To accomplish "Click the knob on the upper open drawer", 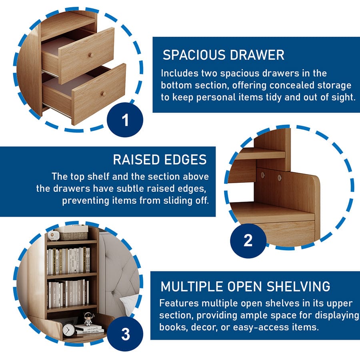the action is coord(90,55).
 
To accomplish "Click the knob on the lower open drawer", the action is coord(103,94).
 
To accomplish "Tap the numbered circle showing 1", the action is coord(125,120).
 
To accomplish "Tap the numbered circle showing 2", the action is coord(248,241).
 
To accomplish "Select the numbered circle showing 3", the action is coord(125,334).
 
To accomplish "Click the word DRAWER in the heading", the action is coord(257,55).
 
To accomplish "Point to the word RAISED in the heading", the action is coord(136,160).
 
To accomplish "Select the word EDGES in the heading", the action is coord(186,160).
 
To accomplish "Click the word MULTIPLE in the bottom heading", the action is coord(192,286).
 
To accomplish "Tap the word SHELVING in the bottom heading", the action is coord(298,286).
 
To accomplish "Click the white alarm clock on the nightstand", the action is coord(68,330).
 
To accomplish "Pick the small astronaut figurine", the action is coord(89,319).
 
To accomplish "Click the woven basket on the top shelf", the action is coord(73,236).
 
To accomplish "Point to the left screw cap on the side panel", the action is coord(263,175).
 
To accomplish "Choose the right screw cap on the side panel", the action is coord(280,177).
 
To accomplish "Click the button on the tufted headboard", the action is coord(113,293).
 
